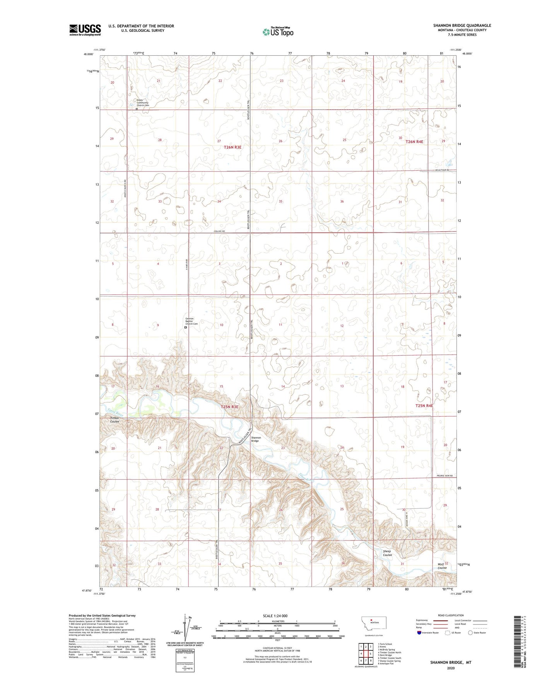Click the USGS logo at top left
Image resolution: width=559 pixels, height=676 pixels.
pos(85,30)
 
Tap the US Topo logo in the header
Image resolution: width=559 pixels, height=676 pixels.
pos(278,32)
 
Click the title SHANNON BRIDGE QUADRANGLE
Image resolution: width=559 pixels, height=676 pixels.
pos(462,26)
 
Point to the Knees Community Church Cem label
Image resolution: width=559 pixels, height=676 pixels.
pos(143,103)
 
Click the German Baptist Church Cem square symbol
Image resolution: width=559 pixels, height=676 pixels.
pos(186,327)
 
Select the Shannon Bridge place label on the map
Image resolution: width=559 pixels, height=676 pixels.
pos(256,439)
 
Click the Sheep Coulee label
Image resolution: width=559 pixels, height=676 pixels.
pos(387,553)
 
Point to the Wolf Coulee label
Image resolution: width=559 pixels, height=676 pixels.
pos(442,566)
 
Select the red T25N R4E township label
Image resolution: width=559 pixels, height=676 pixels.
pos(424,405)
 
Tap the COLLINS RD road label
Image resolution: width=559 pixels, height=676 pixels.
pos(219,231)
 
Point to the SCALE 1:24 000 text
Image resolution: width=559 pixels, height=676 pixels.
pos(275,616)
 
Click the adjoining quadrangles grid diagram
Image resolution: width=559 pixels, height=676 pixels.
pos(366,654)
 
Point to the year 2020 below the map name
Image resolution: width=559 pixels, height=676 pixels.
pos(450,668)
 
